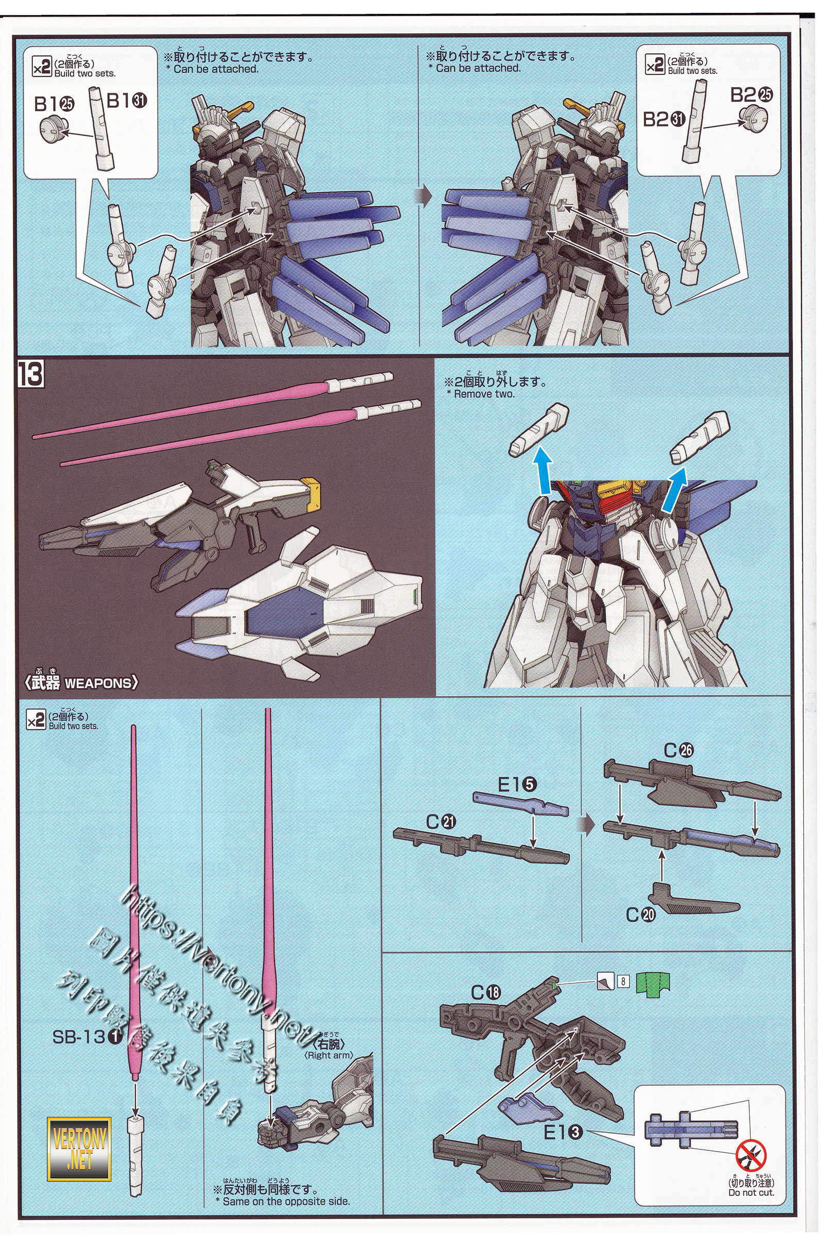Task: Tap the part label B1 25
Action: [54, 104]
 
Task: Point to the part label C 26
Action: [678, 750]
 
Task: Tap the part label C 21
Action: [441, 822]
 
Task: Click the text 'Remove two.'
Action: [484, 394]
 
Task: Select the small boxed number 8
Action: [622, 981]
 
